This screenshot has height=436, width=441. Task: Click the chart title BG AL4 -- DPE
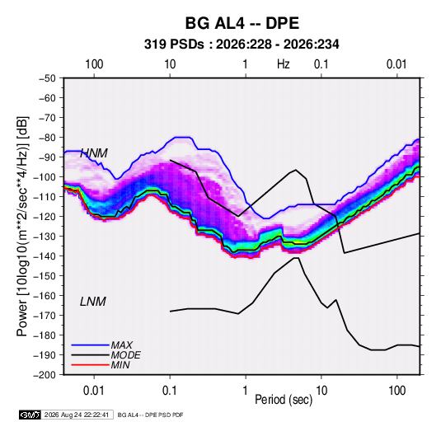[242, 23]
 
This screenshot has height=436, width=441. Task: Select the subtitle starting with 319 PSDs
[242, 45]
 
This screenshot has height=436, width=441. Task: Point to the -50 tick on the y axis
[47, 78]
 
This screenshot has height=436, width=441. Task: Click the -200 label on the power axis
[45, 375]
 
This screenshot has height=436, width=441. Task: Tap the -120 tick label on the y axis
[45, 216]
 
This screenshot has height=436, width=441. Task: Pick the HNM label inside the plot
[94, 153]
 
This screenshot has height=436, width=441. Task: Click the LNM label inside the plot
[93, 302]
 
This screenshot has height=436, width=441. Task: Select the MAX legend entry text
[122, 345]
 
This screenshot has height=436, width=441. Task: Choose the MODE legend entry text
[126, 355]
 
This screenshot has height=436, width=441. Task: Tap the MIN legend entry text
[120, 365]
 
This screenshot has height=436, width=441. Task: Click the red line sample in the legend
[91, 365]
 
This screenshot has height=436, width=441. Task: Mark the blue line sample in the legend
[91, 345]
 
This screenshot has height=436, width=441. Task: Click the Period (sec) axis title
[284, 400]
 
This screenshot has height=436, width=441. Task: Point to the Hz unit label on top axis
[284, 64]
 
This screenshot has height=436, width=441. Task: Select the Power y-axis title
[23, 227]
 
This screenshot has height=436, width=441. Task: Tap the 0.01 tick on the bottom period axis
[94, 391]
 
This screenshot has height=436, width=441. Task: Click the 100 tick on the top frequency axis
[94, 64]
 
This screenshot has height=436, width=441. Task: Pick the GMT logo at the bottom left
[30, 415]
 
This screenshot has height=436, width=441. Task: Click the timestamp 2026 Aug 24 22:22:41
[77, 415]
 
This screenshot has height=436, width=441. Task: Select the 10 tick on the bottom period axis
[321, 391]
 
